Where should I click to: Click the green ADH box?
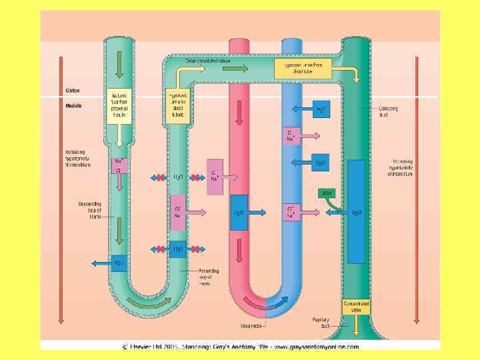(x=327, y=193)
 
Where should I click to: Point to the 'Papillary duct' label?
(x=321, y=323)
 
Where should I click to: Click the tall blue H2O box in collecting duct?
(x=356, y=212)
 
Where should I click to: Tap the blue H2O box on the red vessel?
(x=239, y=213)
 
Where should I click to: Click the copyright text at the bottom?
(x=240, y=347)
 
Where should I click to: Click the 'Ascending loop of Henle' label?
(x=209, y=275)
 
